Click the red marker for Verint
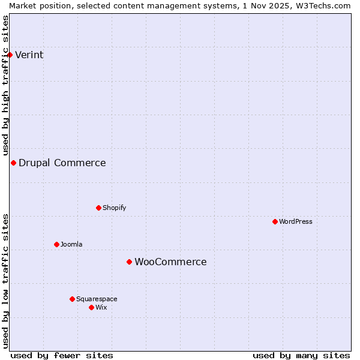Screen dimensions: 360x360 point(10,55)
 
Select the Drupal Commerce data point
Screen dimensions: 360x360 point(13,163)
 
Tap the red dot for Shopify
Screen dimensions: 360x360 point(98,208)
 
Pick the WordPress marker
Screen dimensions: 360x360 point(275,221)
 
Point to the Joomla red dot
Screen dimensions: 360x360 point(56,244)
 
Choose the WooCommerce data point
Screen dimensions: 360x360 point(129,262)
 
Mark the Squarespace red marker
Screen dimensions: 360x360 point(72,299)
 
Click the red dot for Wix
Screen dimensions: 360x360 point(91,307)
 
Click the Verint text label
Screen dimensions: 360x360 point(29,55)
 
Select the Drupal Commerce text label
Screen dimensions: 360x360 point(62,163)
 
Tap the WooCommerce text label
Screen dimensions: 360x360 point(170,262)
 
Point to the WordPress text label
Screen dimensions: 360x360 point(296,221)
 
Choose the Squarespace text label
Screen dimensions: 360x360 point(97,299)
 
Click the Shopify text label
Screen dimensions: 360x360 point(114,208)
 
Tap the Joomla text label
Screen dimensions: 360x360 point(71,244)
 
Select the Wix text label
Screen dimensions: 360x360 point(101,307)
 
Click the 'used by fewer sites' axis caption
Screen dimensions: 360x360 point(62,355)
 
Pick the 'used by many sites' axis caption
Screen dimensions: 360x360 point(301,355)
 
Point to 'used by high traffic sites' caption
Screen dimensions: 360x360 point(5,84)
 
